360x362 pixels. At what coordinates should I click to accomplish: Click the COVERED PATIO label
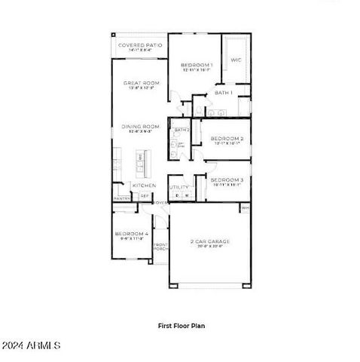pos(139,45)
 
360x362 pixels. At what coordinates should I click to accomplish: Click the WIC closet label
pos(235,60)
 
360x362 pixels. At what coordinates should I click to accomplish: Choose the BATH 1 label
pos(223,92)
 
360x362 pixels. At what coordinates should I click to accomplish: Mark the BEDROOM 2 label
pos(226,139)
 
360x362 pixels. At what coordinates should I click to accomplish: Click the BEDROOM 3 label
pos(226,179)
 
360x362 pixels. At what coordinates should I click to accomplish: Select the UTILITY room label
pos(178,187)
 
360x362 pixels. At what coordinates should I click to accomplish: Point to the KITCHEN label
pos(144,185)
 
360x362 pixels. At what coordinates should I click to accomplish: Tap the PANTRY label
pos(122,198)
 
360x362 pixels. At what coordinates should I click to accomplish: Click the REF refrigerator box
pos(145,196)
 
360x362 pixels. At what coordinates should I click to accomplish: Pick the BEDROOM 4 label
pos(133,235)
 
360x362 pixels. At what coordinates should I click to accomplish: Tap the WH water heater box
pos(245,207)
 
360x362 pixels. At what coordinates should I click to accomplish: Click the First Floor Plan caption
pos(181,326)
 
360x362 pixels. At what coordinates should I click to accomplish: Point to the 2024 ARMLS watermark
pos(32,345)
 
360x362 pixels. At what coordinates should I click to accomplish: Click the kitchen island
pos(140,160)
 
